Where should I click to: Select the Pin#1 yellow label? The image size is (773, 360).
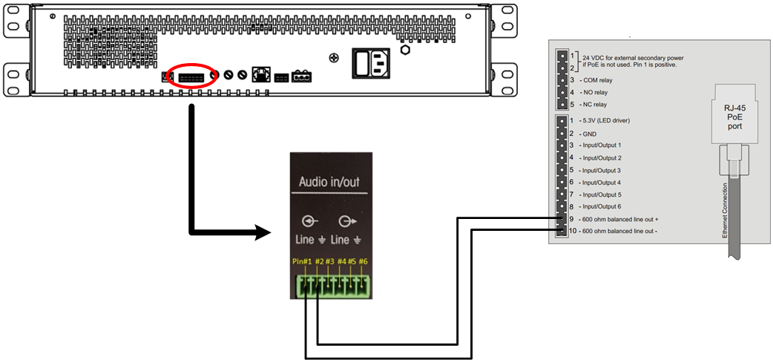tap(302, 261)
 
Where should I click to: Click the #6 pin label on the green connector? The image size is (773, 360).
tap(363, 261)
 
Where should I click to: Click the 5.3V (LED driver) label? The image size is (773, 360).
tap(613, 120)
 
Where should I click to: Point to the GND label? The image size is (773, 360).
tap(589, 133)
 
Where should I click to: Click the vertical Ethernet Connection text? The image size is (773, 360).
tap(725, 212)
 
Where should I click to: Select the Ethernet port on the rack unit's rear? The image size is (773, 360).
tap(260, 74)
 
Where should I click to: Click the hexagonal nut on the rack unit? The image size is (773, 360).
tap(405, 50)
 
